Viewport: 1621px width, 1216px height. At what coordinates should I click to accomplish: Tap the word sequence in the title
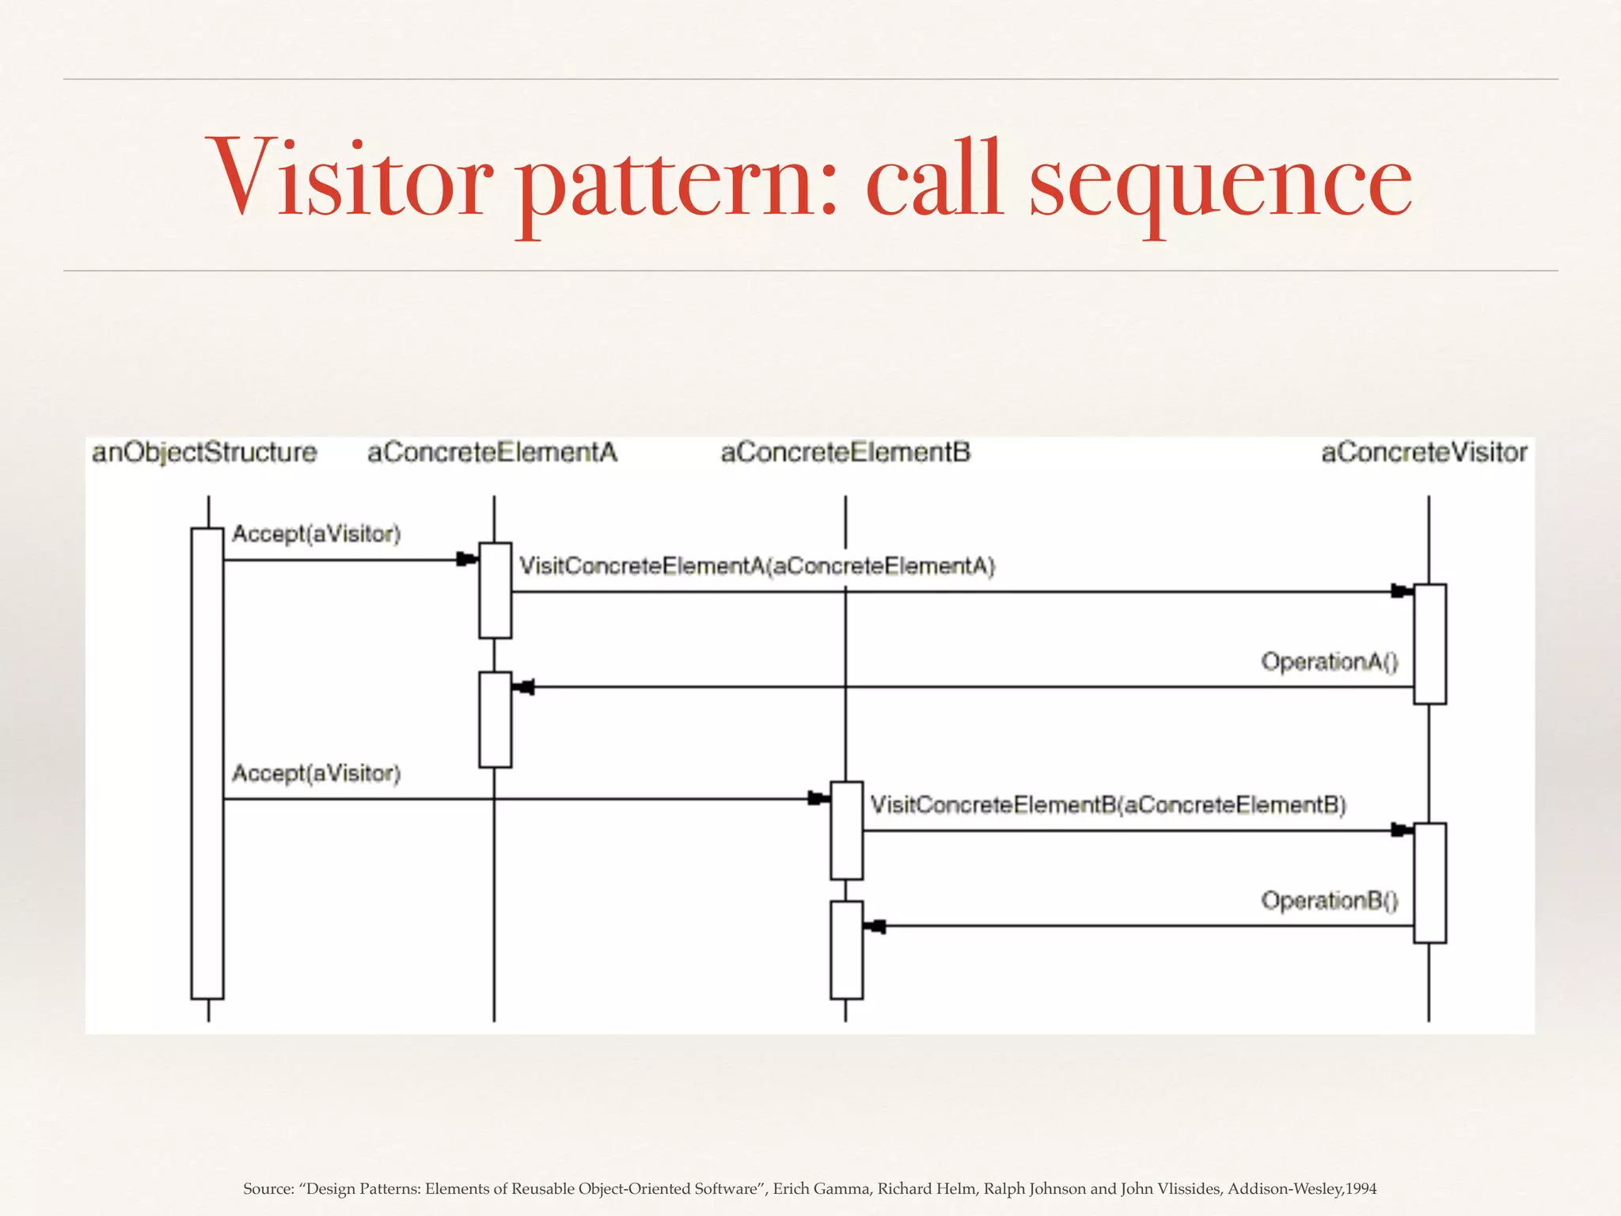click(x=1220, y=184)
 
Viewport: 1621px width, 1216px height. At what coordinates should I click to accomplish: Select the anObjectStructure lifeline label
click(x=204, y=453)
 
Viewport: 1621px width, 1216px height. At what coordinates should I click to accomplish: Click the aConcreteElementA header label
click(x=492, y=453)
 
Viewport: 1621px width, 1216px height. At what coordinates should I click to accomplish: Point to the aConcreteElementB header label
click(x=845, y=453)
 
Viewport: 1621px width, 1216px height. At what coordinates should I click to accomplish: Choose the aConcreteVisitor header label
click(x=1424, y=453)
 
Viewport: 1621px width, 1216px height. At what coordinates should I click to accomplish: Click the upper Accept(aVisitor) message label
click(x=317, y=534)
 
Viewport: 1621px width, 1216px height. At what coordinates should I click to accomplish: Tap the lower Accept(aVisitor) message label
click(x=317, y=773)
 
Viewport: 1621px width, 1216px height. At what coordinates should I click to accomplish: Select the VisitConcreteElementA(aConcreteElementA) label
click(x=757, y=567)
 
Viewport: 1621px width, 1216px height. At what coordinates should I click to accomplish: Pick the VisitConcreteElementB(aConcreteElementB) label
click(x=1108, y=806)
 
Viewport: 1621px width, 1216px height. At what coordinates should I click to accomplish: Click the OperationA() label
click(x=1329, y=662)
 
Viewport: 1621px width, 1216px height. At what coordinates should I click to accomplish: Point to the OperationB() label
click(x=1329, y=901)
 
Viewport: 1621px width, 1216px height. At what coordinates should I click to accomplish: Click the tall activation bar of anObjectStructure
click(x=207, y=764)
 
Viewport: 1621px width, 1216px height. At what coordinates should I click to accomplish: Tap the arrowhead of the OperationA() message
click(x=524, y=687)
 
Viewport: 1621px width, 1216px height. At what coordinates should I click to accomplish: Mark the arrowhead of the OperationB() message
click(x=875, y=926)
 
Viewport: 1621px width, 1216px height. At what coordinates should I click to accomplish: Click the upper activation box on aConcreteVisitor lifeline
click(x=1429, y=644)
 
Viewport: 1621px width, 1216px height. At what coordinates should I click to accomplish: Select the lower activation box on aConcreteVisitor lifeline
click(x=1429, y=883)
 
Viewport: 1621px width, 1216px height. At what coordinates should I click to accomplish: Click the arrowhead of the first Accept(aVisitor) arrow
click(x=467, y=560)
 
